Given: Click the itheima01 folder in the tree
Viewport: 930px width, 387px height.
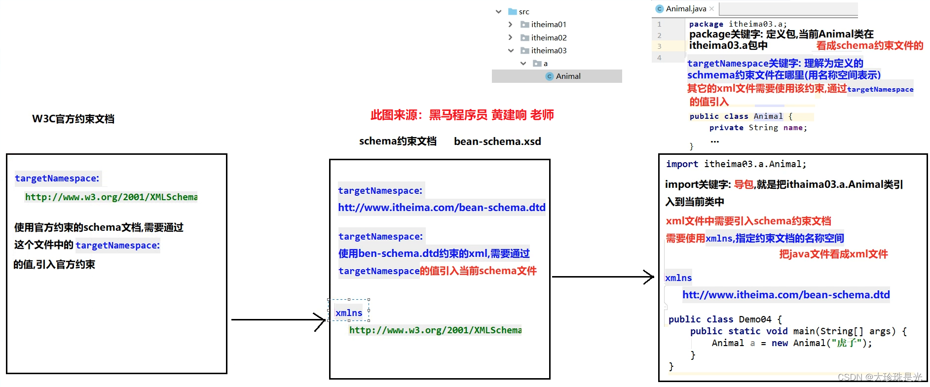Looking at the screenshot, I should (548, 24).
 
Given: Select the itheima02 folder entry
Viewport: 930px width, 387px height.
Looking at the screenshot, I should (548, 37).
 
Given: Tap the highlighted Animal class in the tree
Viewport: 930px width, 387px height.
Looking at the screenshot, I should (568, 76).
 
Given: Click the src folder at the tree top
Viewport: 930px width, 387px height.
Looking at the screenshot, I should (523, 11).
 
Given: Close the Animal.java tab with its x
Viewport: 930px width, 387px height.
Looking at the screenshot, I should (711, 9).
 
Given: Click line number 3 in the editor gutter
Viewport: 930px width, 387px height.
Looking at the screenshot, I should (659, 46).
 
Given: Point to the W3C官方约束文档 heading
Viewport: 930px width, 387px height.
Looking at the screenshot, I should (73, 119).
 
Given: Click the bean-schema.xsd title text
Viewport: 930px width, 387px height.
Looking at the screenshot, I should (497, 141).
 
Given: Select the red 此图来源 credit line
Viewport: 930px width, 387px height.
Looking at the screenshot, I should (462, 115).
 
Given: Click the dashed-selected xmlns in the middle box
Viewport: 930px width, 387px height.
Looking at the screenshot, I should (349, 313).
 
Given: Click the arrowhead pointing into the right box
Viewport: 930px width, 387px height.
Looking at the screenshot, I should (650, 277).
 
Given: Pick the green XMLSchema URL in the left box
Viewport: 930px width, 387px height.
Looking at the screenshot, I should (111, 197).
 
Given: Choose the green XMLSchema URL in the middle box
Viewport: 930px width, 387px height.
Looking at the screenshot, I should (435, 330).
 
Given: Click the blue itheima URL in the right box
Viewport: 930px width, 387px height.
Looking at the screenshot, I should (786, 295).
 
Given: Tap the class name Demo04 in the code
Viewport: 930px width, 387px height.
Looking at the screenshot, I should (755, 319).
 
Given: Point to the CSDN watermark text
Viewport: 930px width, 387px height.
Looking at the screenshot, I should (879, 377).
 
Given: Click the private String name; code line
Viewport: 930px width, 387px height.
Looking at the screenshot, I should (758, 128).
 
